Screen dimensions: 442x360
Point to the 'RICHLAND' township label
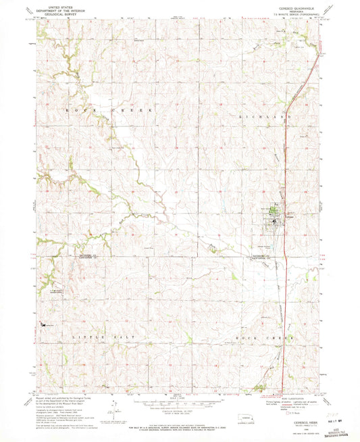click(x=258, y=117)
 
